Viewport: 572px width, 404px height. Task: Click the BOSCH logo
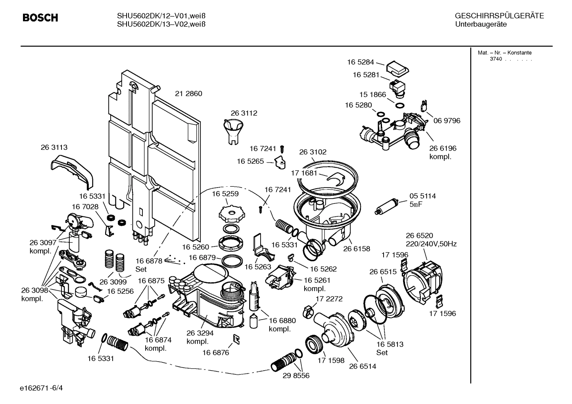point(40,18)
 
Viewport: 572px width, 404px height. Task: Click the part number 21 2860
point(188,94)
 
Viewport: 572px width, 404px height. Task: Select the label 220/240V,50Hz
point(431,244)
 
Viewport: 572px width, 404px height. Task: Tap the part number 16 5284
point(360,62)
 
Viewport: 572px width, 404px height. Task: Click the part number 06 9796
point(447,121)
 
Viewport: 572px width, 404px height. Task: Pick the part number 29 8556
point(296,375)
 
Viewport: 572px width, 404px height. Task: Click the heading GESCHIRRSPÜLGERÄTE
point(499,16)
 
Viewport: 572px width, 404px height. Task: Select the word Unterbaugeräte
point(480,25)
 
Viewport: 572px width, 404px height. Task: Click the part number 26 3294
point(200,333)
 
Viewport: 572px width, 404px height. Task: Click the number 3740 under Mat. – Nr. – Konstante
point(495,59)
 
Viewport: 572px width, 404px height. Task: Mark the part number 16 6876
point(215,352)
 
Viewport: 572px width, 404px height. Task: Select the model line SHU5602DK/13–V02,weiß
point(161,24)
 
